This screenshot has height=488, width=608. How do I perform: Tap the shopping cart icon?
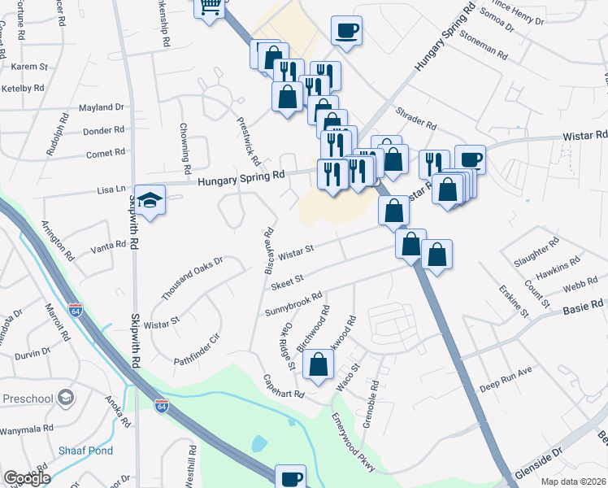click(210, 7)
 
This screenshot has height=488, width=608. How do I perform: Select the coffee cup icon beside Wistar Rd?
click(470, 159)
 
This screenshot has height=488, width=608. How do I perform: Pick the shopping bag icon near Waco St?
click(319, 366)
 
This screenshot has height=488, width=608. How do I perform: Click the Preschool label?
click(27, 399)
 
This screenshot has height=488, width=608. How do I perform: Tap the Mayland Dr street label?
click(102, 107)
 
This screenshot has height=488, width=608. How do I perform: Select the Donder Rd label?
click(104, 129)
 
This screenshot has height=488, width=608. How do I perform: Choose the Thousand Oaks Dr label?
click(191, 277)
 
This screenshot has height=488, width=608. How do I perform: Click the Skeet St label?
click(287, 279)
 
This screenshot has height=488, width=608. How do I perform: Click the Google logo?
click(27, 478)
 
